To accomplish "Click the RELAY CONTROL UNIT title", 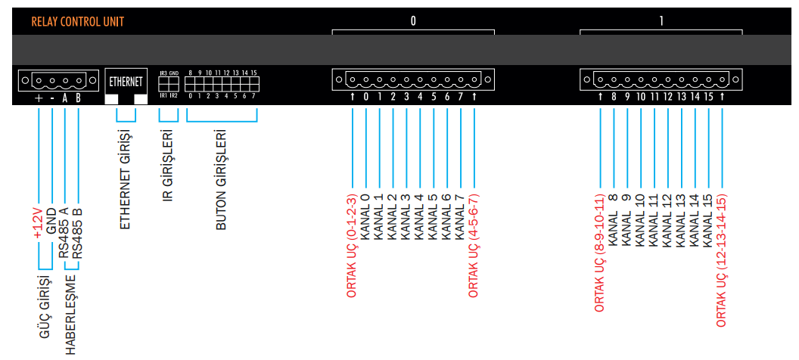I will (x=78, y=22).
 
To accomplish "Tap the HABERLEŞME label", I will (x=71, y=314).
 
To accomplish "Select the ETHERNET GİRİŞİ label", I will (x=126, y=182).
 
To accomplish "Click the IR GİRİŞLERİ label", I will (x=168, y=169).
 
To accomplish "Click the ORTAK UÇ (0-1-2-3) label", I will (x=352, y=246).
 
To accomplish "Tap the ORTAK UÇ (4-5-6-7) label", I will (x=474, y=246).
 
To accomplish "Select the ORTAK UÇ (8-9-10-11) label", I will (x=599, y=253).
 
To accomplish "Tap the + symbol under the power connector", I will (x=38, y=98).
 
